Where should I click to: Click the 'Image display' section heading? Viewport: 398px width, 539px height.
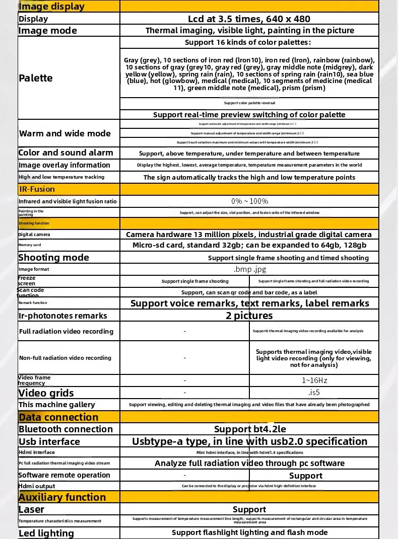[x=51, y=7]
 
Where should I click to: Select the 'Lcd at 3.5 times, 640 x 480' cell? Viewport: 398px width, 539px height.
[x=249, y=19]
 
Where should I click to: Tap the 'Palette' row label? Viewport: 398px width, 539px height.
[x=36, y=78]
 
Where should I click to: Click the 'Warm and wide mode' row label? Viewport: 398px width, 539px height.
[x=64, y=133]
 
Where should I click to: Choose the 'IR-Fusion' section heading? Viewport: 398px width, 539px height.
[x=37, y=189]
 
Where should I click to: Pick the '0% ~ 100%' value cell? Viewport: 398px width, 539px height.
[x=249, y=201]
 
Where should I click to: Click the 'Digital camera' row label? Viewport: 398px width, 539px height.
[x=34, y=235]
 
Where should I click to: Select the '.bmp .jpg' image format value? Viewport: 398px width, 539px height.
[x=249, y=269]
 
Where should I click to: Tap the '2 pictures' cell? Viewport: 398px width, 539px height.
[x=249, y=316]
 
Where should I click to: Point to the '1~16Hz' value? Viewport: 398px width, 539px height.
[x=314, y=380]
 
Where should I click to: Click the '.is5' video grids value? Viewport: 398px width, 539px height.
[x=314, y=393]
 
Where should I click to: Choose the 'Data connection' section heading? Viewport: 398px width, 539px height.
[x=58, y=417]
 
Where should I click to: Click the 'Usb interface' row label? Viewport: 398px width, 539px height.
[x=49, y=442]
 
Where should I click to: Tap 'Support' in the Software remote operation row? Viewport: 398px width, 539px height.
[x=305, y=476]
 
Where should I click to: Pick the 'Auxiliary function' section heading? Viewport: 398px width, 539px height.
[x=62, y=497]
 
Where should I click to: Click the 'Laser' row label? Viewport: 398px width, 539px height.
[x=32, y=510]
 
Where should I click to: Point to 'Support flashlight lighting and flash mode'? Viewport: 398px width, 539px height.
[x=249, y=532]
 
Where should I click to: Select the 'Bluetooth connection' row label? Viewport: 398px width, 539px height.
[x=65, y=429]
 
